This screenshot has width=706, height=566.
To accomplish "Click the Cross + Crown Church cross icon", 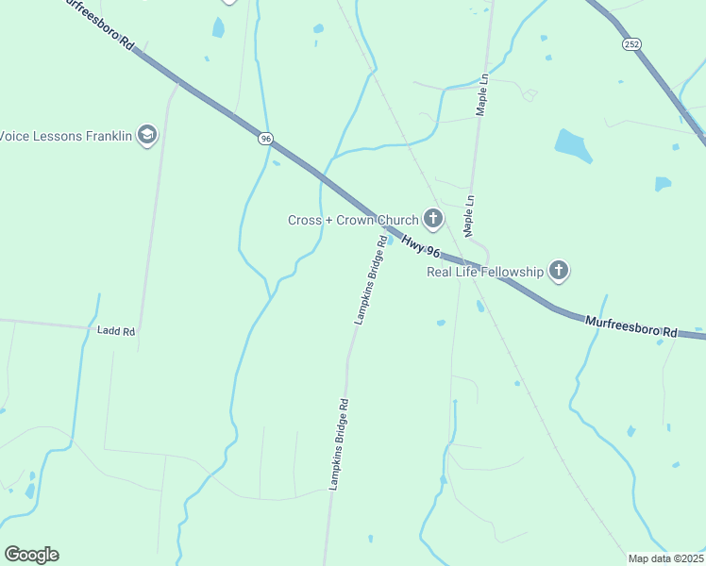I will tap(433, 220).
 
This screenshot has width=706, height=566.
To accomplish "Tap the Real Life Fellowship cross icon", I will tap(559, 272).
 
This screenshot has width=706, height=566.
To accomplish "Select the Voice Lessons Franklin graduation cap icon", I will tap(146, 135).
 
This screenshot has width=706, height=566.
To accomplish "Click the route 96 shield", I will tap(266, 139).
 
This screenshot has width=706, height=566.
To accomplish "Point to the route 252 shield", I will tap(630, 43).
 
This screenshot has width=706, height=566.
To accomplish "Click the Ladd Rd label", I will tap(116, 331).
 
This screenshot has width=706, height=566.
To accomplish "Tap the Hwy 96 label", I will tap(421, 243).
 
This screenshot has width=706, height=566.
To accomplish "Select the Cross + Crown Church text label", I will tap(353, 221).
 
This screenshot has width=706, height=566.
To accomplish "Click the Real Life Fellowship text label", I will tap(486, 273).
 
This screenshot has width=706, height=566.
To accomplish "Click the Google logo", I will tap(31, 555).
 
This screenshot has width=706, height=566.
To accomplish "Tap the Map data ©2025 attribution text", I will tap(665, 558).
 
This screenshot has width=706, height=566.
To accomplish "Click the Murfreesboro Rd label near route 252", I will tap(630, 326).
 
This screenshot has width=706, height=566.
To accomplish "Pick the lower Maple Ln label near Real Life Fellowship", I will tap(468, 216).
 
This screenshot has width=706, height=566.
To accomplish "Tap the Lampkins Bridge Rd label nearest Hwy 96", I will tap(371, 279).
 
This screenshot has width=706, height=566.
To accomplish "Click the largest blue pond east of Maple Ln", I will tap(573, 144).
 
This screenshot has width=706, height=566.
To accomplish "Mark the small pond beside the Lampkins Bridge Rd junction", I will tap(389, 239).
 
